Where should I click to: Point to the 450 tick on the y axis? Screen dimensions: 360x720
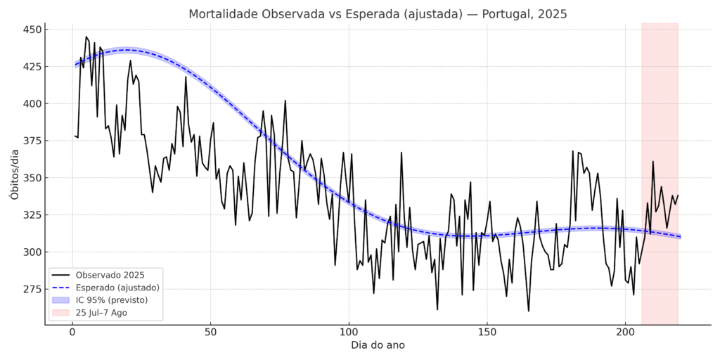(x=32, y=30)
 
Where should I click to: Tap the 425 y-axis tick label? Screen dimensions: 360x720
(x=32, y=67)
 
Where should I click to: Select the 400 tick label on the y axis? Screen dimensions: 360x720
(x=32, y=104)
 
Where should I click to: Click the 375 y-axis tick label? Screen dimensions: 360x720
(x=32, y=141)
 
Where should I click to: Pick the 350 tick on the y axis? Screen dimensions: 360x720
(x=32, y=178)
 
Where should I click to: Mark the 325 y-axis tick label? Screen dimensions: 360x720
(x=32, y=215)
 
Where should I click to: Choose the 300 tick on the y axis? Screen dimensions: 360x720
(x=32, y=252)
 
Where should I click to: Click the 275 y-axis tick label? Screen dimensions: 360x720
(x=32, y=289)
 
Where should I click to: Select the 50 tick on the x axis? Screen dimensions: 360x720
(x=210, y=333)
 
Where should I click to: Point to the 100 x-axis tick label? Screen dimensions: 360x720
(x=349, y=333)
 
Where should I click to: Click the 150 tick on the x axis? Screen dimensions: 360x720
(x=487, y=333)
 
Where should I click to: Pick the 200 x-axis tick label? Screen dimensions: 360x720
(x=626, y=333)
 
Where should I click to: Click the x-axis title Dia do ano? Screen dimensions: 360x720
(x=377, y=345)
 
